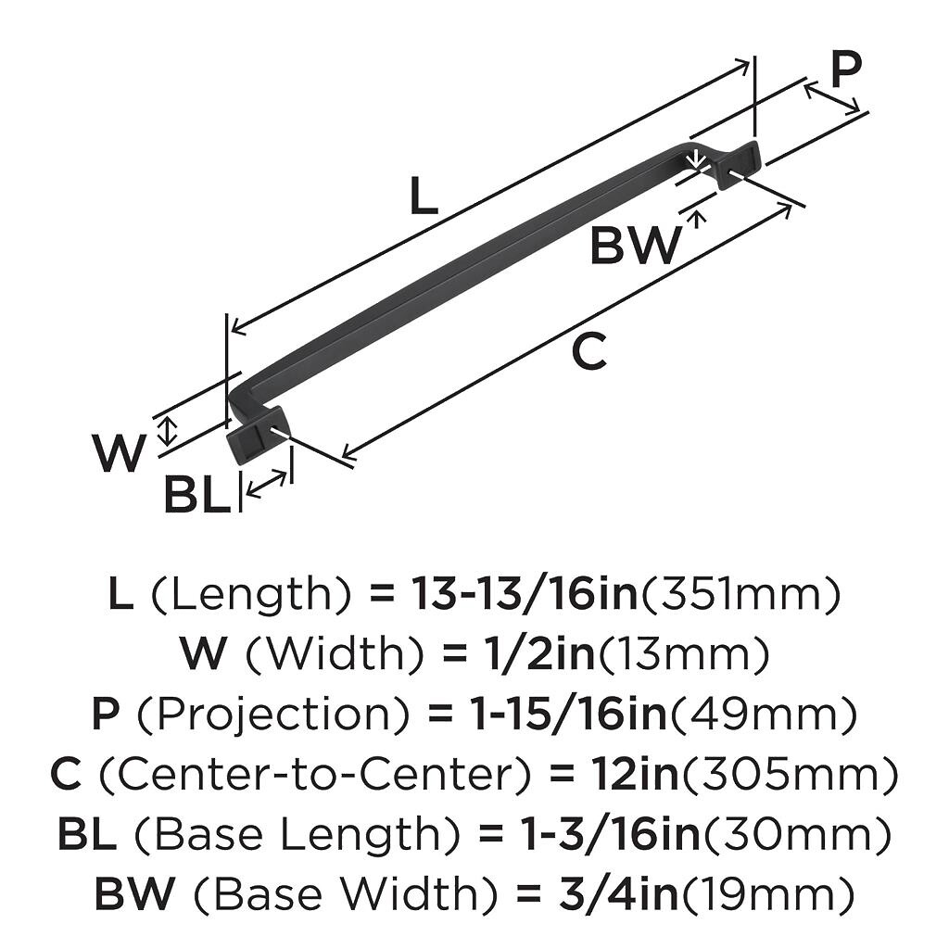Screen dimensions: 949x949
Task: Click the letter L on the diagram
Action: (x=424, y=196)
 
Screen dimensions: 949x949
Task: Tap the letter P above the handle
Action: (x=844, y=69)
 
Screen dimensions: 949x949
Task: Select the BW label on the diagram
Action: (x=635, y=246)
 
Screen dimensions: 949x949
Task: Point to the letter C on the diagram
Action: (x=588, y=352)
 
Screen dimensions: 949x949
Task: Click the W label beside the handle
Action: (x=120, y=453)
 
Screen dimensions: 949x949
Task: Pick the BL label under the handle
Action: (x=196, y=496)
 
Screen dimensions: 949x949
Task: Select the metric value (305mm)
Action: (x=789, y=774)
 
